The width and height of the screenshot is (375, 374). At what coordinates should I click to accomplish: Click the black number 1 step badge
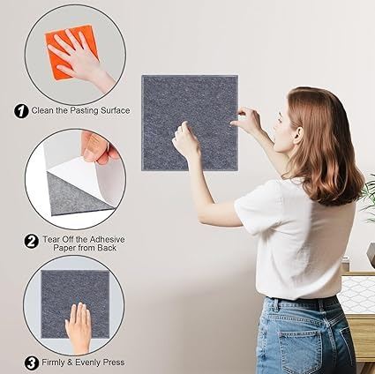(21, 111)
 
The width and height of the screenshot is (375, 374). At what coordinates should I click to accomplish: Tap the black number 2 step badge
(32, 242)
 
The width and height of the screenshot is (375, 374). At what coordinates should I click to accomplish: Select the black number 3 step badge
(32, 363)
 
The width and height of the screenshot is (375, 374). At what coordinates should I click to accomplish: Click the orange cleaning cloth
(71, 51)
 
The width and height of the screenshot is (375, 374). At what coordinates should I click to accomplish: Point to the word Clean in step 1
(42, 110)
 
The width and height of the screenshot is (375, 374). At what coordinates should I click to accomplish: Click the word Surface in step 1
(115, 110)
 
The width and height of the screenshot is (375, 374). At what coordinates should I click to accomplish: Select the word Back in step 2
(107, 248)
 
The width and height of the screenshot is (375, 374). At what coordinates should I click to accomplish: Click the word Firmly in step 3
(53, 363)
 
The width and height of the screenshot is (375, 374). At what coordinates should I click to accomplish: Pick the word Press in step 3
(114, 363)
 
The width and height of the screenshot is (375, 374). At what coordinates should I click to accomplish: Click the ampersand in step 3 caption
(70, 363)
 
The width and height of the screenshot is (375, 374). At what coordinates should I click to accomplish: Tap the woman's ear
(298, 135)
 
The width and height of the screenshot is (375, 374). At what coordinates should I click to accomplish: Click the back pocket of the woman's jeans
(301, 349)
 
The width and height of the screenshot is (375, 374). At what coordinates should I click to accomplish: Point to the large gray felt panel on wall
(190, 123)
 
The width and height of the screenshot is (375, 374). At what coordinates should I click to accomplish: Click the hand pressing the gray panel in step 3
(79, 327)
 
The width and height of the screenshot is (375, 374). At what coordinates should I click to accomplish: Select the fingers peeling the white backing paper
(98, 147)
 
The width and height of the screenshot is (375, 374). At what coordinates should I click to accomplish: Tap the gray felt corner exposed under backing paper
(77, 196)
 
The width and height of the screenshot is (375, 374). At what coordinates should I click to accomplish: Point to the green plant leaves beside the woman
(369, 197)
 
